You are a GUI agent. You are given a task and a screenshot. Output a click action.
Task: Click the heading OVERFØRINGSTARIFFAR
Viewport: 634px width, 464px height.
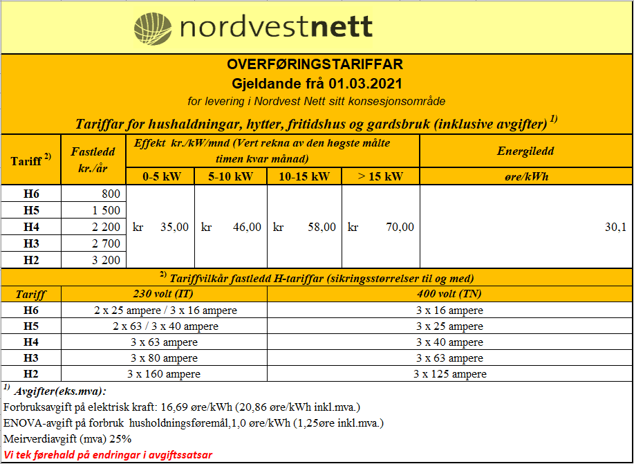tap(315, 64)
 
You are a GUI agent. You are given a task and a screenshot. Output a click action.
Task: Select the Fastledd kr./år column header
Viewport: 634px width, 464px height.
tap(93, 160)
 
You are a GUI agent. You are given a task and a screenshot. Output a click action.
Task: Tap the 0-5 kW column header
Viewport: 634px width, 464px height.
tap(161, 176)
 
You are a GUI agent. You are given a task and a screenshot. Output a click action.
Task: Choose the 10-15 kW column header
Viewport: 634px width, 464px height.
tap(304, 176)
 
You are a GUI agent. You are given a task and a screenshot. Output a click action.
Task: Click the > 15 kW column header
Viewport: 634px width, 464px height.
tap(380, 176)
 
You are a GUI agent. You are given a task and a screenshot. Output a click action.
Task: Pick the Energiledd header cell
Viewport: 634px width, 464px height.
tap(525, 151)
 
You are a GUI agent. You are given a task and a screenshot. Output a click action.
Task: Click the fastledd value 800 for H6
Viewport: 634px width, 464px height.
tap(111, 194)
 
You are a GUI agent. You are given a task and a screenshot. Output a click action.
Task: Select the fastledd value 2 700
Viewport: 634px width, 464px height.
tap(106, 243)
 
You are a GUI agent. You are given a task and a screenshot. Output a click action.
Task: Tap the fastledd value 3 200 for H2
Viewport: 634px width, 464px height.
tap(106, 260)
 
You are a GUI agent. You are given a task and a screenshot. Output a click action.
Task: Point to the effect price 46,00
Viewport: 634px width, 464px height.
tap(247, 227)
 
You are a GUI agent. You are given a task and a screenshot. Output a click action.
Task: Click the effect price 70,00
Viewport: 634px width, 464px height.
tap(400, 227)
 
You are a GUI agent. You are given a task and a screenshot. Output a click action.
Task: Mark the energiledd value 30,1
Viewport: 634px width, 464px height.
tap(615, 227)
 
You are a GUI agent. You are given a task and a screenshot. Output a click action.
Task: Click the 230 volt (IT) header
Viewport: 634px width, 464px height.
tap(164, 294)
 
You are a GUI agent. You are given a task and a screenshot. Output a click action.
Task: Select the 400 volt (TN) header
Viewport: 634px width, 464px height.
tap(449, 294)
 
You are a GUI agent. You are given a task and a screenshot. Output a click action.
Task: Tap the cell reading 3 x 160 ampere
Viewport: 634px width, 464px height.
tap(164, 374)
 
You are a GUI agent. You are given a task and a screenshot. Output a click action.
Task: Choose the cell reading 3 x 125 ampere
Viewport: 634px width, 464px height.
tap(449, 374)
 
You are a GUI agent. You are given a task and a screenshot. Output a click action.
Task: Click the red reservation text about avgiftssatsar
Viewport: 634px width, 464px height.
tap(108, 454)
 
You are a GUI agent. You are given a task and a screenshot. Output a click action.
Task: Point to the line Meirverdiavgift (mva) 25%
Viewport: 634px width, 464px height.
tap(68, 439)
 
